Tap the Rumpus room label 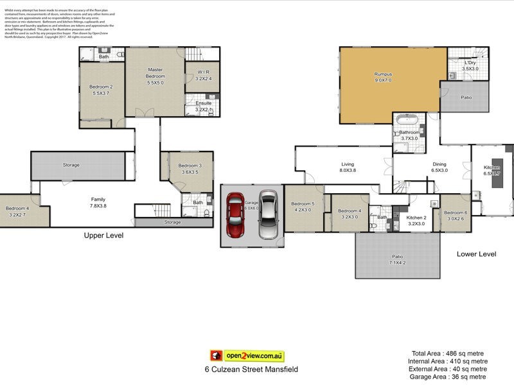click(383, 74)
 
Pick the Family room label click(98, 199)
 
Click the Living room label click(347, 165)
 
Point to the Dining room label click(439, 165)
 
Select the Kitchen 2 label click(416, 218)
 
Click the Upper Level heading click(103, 235)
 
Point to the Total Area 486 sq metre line click(448, 353)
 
